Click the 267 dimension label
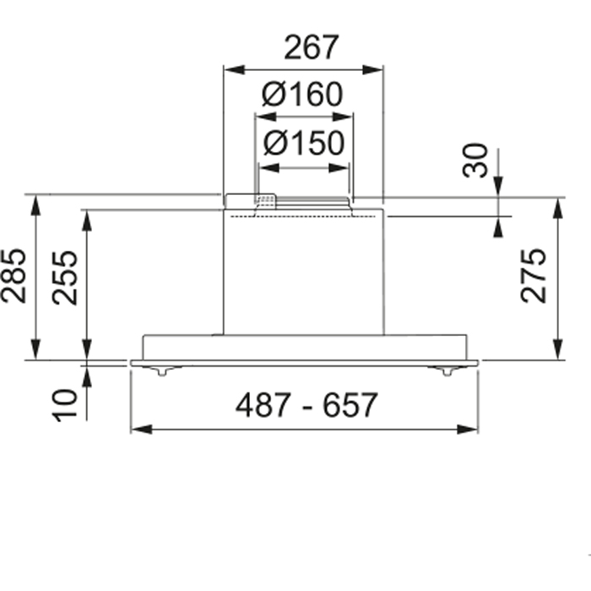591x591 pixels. (x=312, y=47)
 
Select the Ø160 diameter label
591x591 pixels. (x=302, y=95)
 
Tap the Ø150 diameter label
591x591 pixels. (x=304, y=144)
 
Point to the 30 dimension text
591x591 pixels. (x=474, y=160)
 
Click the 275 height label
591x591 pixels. (x=533, y=275)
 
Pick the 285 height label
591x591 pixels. (x=14, y=275)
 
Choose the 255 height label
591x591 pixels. (x=65, y=278)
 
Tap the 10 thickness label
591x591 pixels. (x=64, y=405)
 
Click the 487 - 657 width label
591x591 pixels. (x=306, y=404)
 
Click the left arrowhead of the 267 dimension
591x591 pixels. (x=235, y=70)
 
